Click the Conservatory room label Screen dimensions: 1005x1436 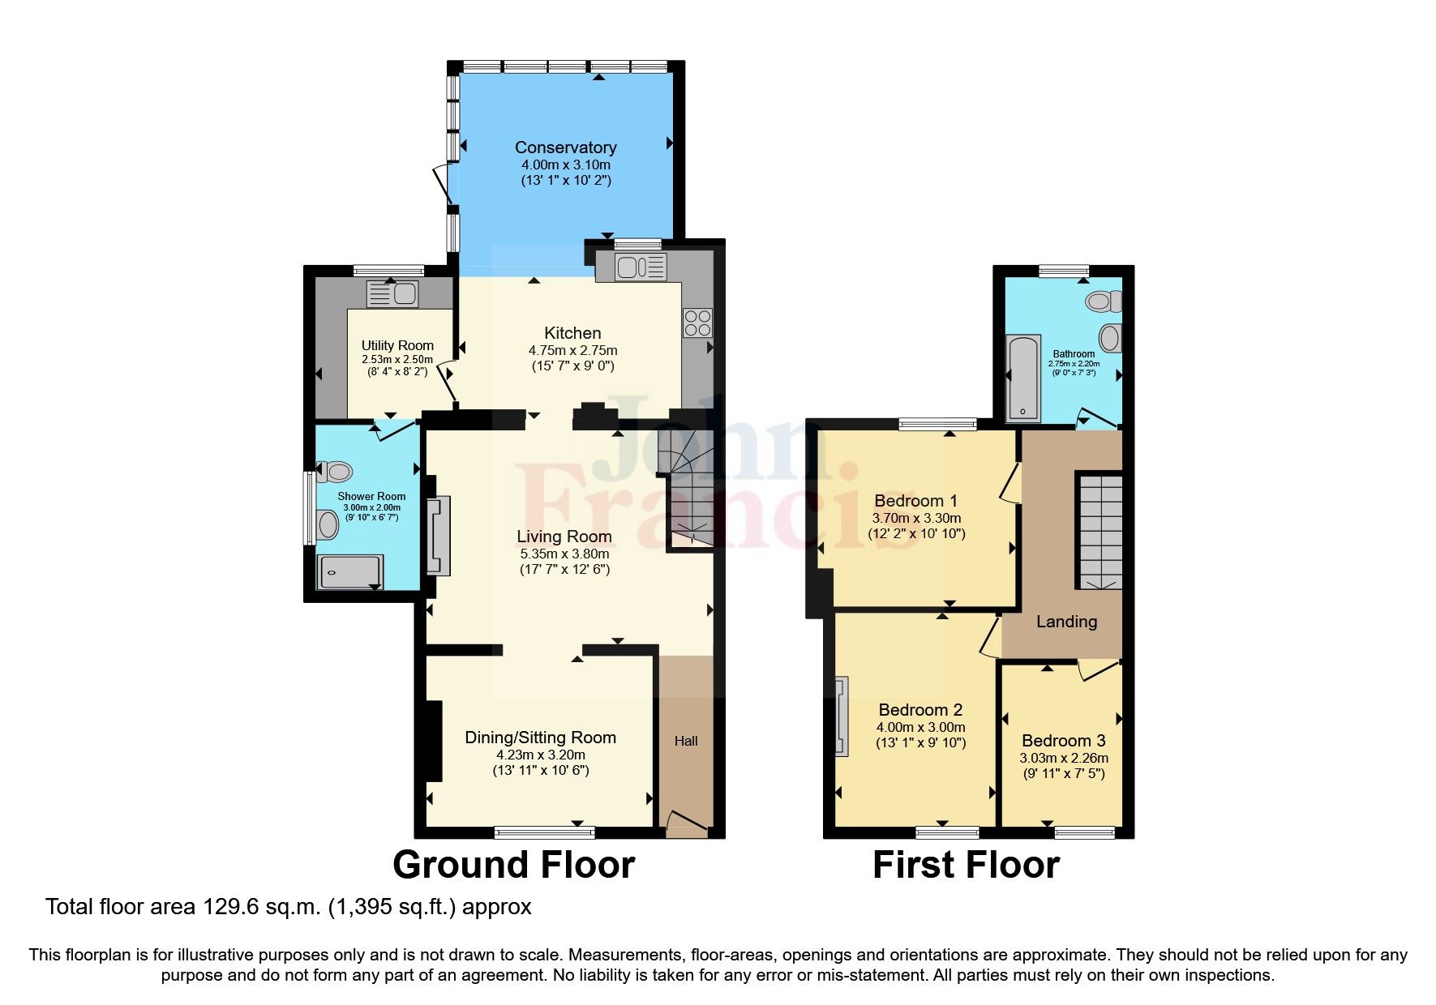coord(565,148)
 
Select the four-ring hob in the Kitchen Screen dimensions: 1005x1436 coord(697,323)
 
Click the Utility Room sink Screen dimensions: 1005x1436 coord(393,293)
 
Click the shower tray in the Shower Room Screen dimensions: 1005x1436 coord(349,571)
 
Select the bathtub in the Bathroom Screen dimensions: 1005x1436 coord(1023,378)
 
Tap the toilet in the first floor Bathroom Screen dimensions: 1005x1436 coord(1103,302)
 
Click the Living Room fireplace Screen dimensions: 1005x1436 coord(437,536)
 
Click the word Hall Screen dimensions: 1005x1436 coord(686,741)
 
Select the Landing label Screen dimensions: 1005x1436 coord(1066,622)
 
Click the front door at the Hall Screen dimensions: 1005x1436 coord(685,826)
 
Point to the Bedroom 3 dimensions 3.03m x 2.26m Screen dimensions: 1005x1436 coord(1063,759)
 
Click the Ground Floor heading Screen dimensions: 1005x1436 coord(513,865)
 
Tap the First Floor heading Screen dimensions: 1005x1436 coord(966,865)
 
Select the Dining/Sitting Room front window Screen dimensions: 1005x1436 coord(544,832)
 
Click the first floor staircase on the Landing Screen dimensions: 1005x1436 coord(1100,531)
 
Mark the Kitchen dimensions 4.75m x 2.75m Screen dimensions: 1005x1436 coord(572,351)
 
